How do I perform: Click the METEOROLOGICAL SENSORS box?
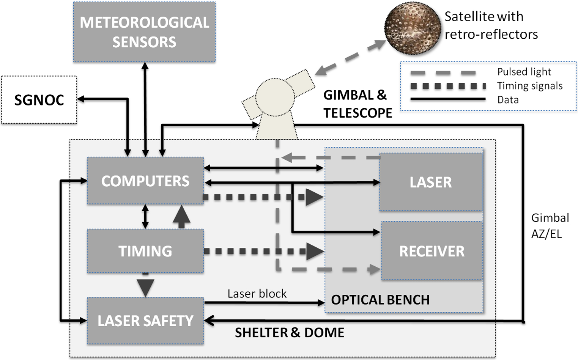click(x=144, y=32)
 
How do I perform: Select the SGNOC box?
click(x=39, y=100)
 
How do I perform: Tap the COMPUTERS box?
click(x=145, y=181)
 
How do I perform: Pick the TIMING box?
click(x=145, y=251)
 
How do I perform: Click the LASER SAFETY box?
click(x=145, y=321)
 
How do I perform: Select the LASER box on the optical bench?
click(x=431, y=182)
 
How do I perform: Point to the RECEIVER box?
click(x=432, y=251)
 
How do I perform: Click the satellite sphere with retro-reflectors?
click(x=413, y=28)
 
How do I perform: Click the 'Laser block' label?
click(x=257, y=294)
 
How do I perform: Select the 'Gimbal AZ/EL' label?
click(x=550, y=226)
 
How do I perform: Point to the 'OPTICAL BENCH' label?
click(x=380, y=300)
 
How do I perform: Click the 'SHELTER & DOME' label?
click(x=290, y=333)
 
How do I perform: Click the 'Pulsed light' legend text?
click(x=524, y=72)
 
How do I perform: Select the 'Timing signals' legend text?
click(x=530, y=86)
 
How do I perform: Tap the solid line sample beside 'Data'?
click(x=448, y=99)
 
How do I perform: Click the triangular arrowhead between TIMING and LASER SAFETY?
click(x=145, y=288)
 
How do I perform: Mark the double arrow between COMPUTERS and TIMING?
click(x=145, y=217)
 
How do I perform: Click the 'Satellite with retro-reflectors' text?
click(x=491, y=25)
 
